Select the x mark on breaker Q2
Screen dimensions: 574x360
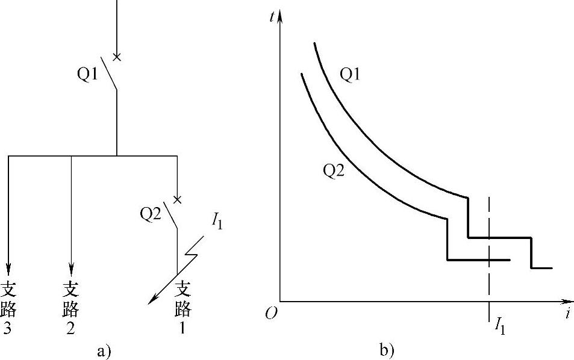(177, 199)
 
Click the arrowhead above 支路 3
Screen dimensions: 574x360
(8, 265)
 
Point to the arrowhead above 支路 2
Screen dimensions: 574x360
(71, 265)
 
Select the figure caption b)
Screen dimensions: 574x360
(386, 350)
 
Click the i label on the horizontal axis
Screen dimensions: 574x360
(567, 314)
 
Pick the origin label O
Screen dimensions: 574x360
(271, 314)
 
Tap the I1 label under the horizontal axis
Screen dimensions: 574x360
(499, 327)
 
